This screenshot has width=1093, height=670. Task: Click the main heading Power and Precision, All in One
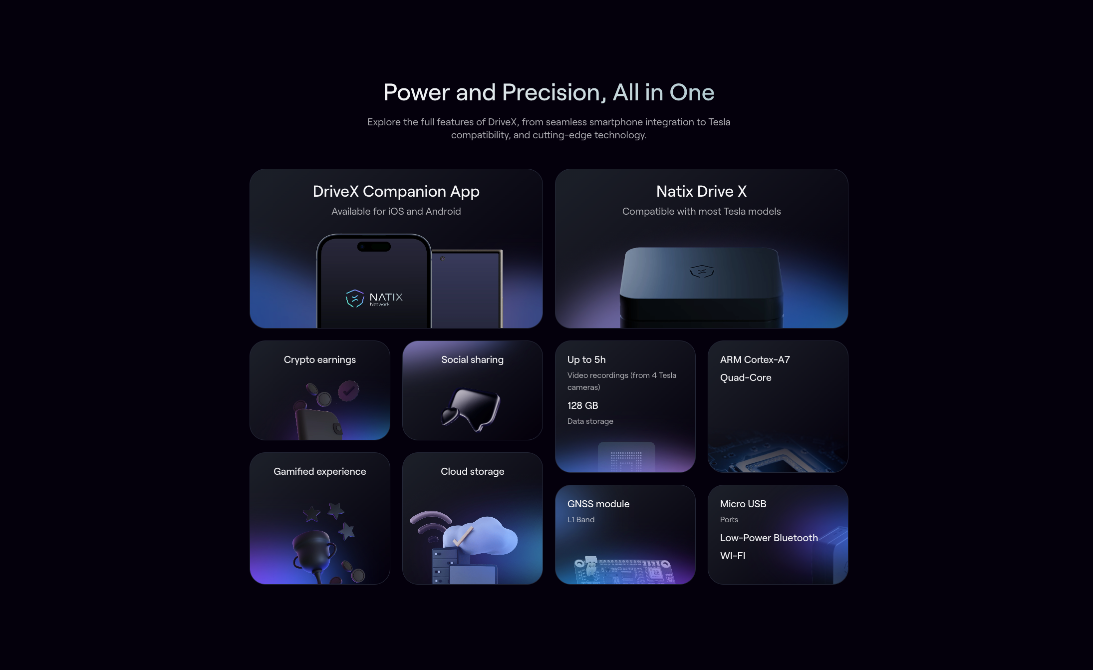point(548,92)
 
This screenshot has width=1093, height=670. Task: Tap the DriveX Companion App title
point(396,191)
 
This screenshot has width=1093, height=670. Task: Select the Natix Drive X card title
point(701,191)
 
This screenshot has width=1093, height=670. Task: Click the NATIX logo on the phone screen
point(374,298)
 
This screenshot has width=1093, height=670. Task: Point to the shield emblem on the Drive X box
point(702,271)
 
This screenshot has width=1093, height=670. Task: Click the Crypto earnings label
point(319,360)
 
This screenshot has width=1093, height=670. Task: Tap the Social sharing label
point(472,360)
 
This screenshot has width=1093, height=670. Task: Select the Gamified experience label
point(319,472)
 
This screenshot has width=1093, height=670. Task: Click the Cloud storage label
point(472,472)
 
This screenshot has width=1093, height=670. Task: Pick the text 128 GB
point(582,405)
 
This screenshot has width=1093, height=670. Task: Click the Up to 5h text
point(586,360)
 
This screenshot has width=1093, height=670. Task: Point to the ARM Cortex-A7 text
point(755,359)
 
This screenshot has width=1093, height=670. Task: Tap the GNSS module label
point(598,504)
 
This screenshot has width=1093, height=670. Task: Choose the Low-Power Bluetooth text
point(769,538)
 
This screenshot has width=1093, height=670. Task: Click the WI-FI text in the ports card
point(733,556)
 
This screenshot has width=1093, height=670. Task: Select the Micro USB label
point(743,504)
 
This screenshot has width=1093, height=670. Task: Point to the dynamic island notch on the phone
point(374,247)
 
